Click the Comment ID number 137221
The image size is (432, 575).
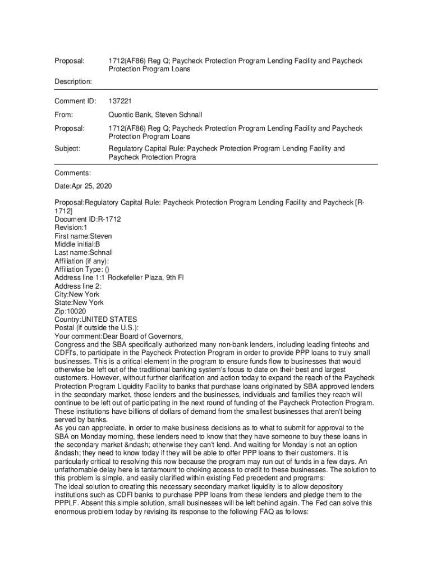[120, 101]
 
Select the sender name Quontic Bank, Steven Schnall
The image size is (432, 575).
[155, 115]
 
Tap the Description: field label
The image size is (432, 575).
[73, 81]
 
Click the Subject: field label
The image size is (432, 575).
[67, 149]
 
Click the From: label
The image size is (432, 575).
[64, 115]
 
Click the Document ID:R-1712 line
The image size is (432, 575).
[88, 220]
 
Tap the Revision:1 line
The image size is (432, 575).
[71, 228]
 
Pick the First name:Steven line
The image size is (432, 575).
[83, 236]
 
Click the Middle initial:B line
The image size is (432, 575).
[77, 244]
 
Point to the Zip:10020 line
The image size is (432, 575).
[70, 311]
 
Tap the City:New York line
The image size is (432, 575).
[77, 294]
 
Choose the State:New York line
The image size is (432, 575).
[79, 303]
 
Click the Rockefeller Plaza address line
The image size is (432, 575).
[119, 278]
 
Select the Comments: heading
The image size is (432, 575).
[72, 173]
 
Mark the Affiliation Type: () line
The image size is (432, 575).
[82, 270]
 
